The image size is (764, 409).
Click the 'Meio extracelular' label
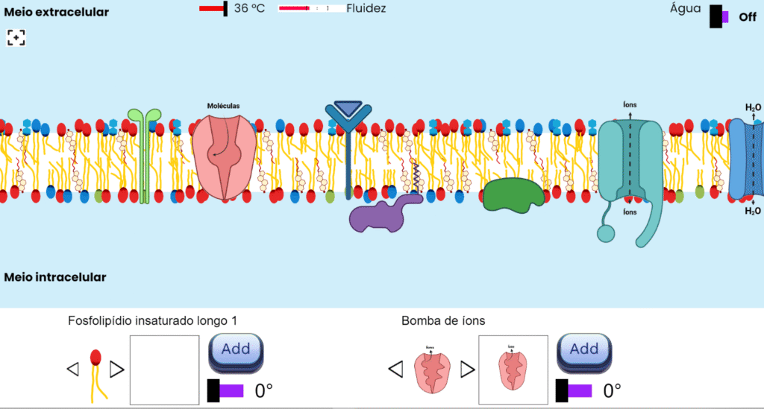[57, 12]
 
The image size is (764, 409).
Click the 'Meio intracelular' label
[55, 277]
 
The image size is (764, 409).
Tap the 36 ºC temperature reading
[249, 8]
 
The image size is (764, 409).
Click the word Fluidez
[366, 8]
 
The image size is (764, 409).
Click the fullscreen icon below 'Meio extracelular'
[16, 37]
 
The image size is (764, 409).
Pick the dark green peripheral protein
[513, 194]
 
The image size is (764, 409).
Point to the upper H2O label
[753, 107]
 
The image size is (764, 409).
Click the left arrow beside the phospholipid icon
[72, 369]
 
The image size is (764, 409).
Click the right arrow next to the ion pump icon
[467, 369]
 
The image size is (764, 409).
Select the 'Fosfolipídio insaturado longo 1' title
[152, 321]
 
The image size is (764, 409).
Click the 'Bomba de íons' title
[443, 321]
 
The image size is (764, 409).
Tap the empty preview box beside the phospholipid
[164, 370]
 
